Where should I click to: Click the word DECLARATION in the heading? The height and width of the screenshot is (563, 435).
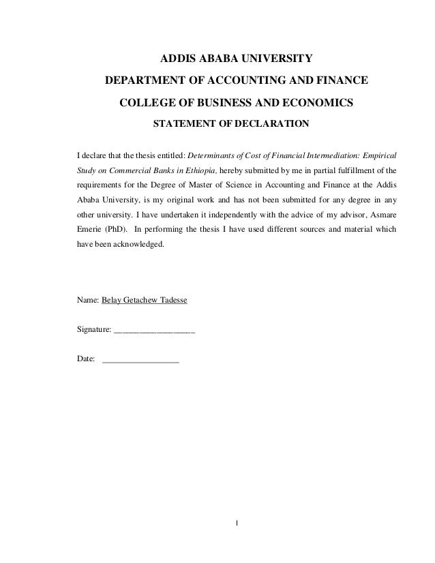coord(269,125)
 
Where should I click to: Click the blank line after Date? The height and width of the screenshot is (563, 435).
coord(140,361)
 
